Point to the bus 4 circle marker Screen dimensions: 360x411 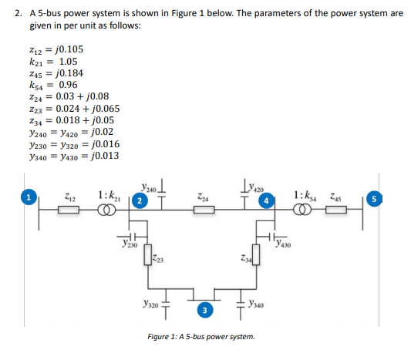tap(268, 201)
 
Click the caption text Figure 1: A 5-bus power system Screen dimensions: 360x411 tap(203, 338)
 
